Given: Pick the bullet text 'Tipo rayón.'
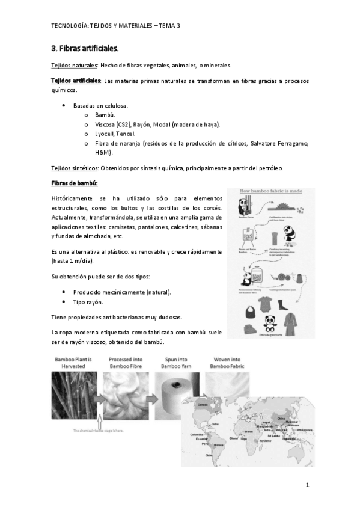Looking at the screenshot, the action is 88,302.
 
